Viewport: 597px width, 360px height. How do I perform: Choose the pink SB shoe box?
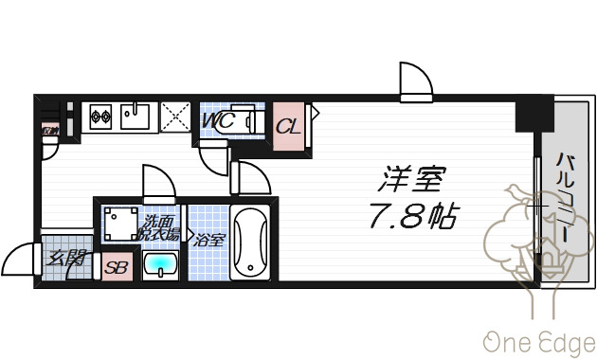point(116,266)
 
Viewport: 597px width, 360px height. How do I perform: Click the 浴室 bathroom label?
point(209,240)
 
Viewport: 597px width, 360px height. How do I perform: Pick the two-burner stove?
point(100,117)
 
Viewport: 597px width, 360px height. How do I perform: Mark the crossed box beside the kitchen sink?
point(176,117)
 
